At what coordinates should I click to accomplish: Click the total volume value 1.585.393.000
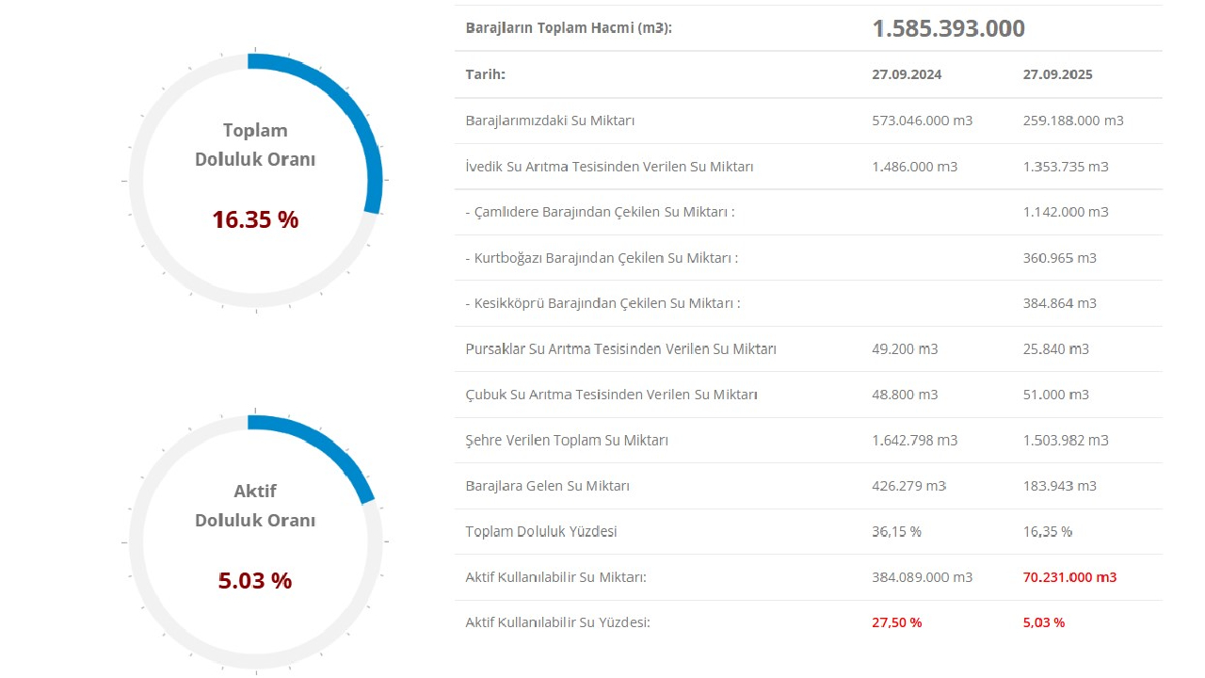click(x=948, y=28)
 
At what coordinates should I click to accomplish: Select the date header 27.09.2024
click(x=907, y=74)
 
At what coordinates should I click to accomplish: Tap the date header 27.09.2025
click(x=1057, y=74)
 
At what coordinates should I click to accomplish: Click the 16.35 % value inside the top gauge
click(x=255, y=219)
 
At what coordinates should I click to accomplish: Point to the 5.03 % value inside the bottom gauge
click(x=255, y=580)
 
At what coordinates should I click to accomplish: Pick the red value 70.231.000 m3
click(x=1069, y=577)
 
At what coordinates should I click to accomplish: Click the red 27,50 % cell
click(x=896, y=622)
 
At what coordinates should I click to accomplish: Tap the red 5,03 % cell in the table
click(x=1043, y=622)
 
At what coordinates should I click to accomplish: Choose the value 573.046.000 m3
click(x=922, y=121)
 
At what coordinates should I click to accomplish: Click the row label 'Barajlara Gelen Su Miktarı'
click(x=547, y=486)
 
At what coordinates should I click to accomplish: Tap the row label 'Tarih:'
click(x=485, y=74)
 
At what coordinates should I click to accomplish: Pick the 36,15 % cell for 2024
click(x=896, y=531)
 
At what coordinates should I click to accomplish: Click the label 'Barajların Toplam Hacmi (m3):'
click(x=569, y=28)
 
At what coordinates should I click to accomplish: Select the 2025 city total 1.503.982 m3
click(x=1065, y=441)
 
